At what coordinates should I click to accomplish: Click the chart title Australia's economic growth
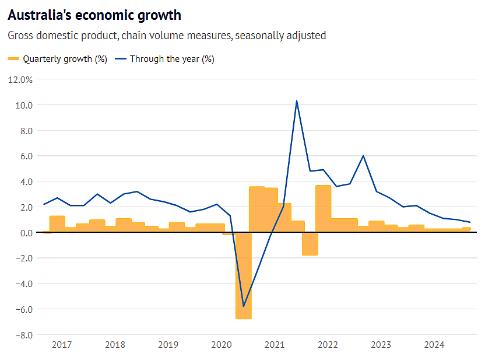click(x=94, y=15)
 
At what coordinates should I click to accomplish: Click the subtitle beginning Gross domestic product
click(x=167, y=36)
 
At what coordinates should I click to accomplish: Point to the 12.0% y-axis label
click(x=22, y=79)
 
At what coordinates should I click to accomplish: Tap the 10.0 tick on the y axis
click(x=24, y=105)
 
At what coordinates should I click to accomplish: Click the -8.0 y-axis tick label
click(x=24, y=335)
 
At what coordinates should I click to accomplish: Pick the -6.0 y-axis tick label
click(x=24, y=309)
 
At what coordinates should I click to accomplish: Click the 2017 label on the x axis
click(x=62, y=345)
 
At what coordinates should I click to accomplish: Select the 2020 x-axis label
click(x=222, y=345)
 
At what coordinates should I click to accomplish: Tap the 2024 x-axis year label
click(x=434, y=345)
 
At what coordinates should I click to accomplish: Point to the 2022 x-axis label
click(x=328, y=345)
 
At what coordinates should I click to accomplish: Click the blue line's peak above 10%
click(x=297, y=101)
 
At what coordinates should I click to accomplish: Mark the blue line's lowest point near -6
click(x=244, y=306)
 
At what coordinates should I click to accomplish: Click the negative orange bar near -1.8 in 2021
click(x=310, y=244)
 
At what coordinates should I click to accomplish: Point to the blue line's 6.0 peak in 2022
click(x=363, y=156)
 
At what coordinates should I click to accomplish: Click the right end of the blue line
click(x=470, y=222)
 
